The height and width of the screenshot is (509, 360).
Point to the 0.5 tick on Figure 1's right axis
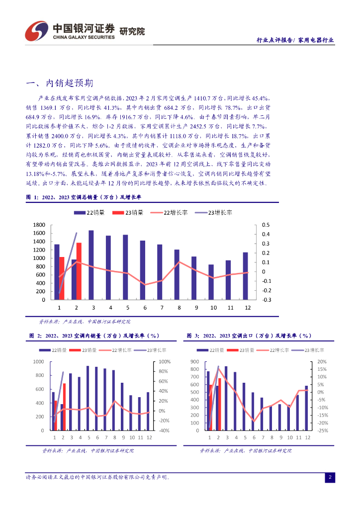click(x=266, y=225)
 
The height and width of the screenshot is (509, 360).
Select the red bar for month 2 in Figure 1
click(x=79, y=271)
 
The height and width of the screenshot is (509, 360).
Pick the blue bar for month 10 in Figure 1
click(x=211, y=282)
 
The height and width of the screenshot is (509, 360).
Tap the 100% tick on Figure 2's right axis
click(x=165, y=362)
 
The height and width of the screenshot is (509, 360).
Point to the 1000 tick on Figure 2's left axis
click(x=39, y=362)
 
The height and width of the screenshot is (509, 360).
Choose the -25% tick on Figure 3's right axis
click(x=322, y=430)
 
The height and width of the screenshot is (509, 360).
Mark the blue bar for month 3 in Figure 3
click(x=226, y=398)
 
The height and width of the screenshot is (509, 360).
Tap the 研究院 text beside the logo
click(x=132, y=31)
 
